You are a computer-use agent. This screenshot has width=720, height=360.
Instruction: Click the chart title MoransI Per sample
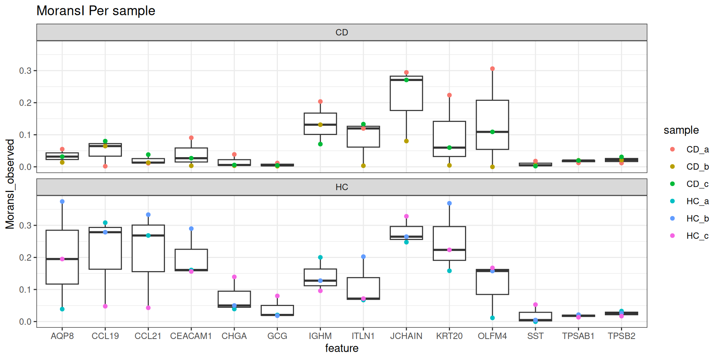96,11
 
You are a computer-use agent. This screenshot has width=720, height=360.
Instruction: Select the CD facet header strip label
342,33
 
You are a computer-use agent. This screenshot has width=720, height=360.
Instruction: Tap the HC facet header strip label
342,187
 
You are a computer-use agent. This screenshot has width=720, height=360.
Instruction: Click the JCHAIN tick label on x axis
406,336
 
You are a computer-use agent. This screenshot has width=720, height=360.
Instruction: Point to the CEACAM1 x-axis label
191,336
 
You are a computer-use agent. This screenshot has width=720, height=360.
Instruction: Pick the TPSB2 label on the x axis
621,336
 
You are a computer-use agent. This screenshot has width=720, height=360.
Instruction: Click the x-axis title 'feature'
342,348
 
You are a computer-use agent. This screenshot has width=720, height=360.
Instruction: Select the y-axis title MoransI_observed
10,184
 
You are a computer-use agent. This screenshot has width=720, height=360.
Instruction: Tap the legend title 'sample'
681,130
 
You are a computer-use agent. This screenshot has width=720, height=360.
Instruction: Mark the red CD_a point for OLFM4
492,69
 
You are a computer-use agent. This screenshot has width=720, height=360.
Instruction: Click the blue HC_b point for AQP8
62,202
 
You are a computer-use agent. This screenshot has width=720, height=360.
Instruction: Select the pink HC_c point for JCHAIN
406,216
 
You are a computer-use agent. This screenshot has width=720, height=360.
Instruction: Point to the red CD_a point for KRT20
449,95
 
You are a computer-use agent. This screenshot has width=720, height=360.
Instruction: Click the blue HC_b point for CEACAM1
191,229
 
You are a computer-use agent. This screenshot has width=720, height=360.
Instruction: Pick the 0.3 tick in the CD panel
25,70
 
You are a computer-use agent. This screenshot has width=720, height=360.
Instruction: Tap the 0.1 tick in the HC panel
25,289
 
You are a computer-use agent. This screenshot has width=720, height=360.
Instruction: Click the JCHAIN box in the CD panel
406,94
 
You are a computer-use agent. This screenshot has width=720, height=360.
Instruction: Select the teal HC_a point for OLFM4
492,318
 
